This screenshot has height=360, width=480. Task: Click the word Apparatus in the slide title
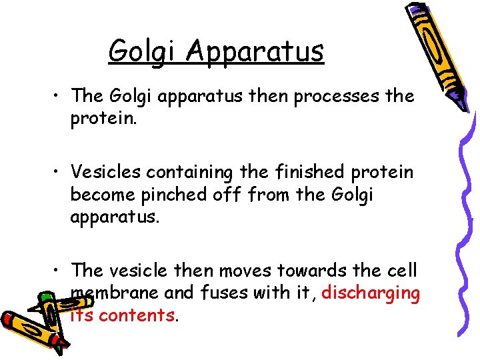[256, 51]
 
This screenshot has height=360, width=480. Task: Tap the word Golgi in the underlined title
[145, 51]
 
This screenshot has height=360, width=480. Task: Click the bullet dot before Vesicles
[61, 173]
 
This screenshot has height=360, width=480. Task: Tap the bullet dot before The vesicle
[61, 271]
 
